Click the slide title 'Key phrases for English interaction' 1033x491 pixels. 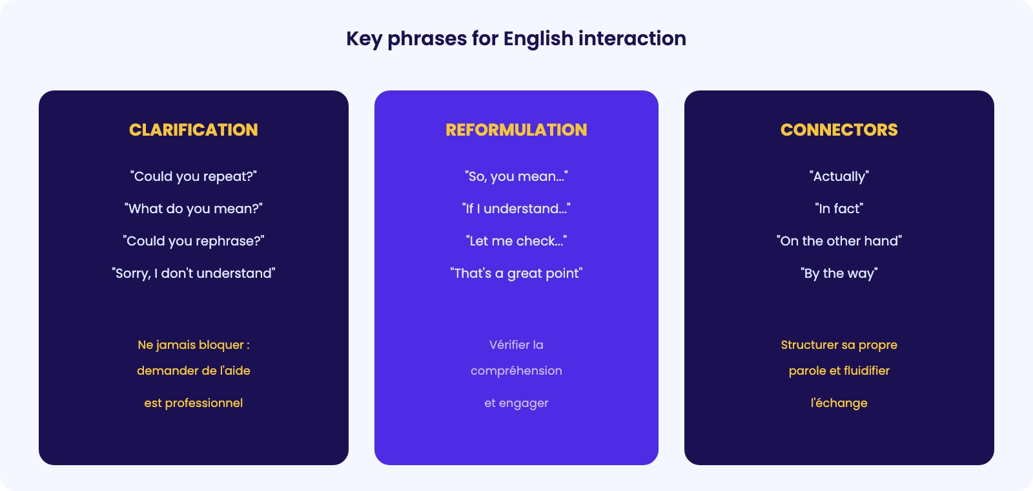click(x=516, y=39)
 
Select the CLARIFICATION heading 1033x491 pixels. click(x=193, y=130)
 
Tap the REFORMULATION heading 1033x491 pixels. click(x=516, y=130)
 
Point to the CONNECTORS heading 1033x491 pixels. click(x=839, y=130)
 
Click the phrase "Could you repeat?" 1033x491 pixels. click(x=193, y=177)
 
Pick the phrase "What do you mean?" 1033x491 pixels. click(x=193, y=209)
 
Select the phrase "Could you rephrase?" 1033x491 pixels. click(x=193, y=242)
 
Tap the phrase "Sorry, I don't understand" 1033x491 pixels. click(x=193, y=274)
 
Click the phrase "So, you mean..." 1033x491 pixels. click(x=516, y=177)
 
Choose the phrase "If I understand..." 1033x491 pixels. click(x=516, y=209)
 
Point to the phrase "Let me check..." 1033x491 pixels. click(x=516, y=241)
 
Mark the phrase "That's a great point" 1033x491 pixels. click(x=516, y=274)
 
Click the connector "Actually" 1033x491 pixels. click(x=839, y=177)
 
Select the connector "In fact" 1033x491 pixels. click(x=839, y=209)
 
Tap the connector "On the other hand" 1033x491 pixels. click(x=839, y=241)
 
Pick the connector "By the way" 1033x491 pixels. click(x=839, y=274)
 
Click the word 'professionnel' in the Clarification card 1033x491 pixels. click(x=204, y=403)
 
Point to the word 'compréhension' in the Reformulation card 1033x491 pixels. click(x=516, y=371)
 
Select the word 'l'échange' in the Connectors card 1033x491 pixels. click(x=839, y=403)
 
